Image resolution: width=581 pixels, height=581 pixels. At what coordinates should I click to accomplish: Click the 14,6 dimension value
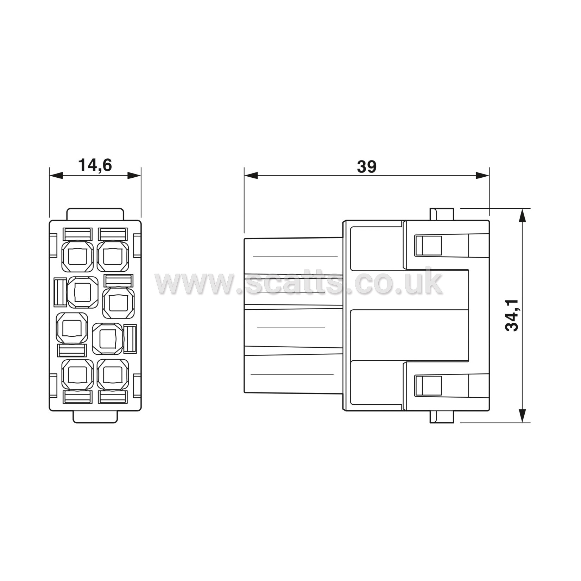click(x=95, y=165)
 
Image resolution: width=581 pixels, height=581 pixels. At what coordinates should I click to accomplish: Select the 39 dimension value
click(x=367, y=166)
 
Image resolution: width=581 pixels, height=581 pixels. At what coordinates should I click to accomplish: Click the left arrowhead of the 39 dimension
click(x=251, y=175)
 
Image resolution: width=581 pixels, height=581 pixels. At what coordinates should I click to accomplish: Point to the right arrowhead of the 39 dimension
click(x=482, y=175)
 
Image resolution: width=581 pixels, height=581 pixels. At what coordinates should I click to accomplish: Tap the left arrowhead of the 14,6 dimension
click(x=56, y=175)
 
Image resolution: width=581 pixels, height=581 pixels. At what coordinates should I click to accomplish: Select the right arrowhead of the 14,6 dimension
click(x=134, y=175)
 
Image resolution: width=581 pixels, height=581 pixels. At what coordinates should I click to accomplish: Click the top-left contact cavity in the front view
click(x=77, y=256)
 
